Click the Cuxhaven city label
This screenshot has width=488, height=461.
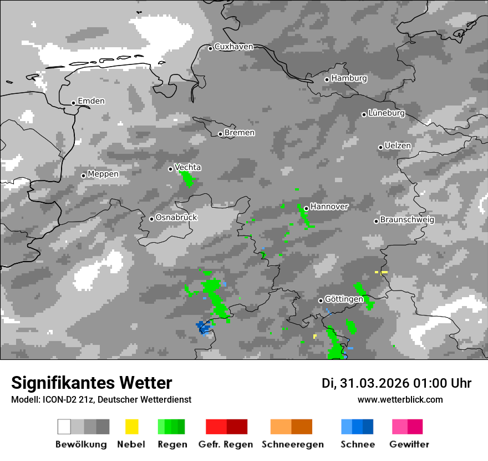[233, 47]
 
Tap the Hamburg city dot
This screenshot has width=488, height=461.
[327, 79]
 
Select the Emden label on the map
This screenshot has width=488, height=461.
[91, 101]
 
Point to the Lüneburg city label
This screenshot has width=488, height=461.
[387, 113]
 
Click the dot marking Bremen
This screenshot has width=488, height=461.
[220, 134]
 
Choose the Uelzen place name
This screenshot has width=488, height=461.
[398, 146]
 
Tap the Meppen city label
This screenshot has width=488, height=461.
[103, 174]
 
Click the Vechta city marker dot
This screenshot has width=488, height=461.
[171, 169]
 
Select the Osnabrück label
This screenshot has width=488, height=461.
[176, 217]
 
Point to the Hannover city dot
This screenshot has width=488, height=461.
[306, 209]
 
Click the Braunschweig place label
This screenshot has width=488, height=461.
[407, 219]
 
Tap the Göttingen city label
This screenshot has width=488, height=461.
[344, 299]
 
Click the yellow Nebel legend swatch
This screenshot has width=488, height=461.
[131, 427]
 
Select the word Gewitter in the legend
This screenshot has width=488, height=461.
[409, 444]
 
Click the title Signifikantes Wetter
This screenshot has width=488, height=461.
[91, 383]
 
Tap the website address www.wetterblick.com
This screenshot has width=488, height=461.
[400, 399]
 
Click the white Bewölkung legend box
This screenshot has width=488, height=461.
[64, 427]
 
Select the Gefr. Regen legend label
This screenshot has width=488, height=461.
[226, 444]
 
